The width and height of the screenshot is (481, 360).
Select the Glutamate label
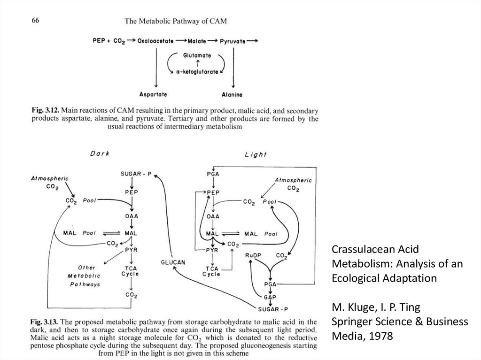point(198,55)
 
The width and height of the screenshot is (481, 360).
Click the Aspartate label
point(153,94)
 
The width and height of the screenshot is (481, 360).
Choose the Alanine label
point(233,95)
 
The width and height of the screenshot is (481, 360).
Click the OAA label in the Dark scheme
point(132,217)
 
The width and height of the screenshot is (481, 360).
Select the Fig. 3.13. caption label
point(45,322)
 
